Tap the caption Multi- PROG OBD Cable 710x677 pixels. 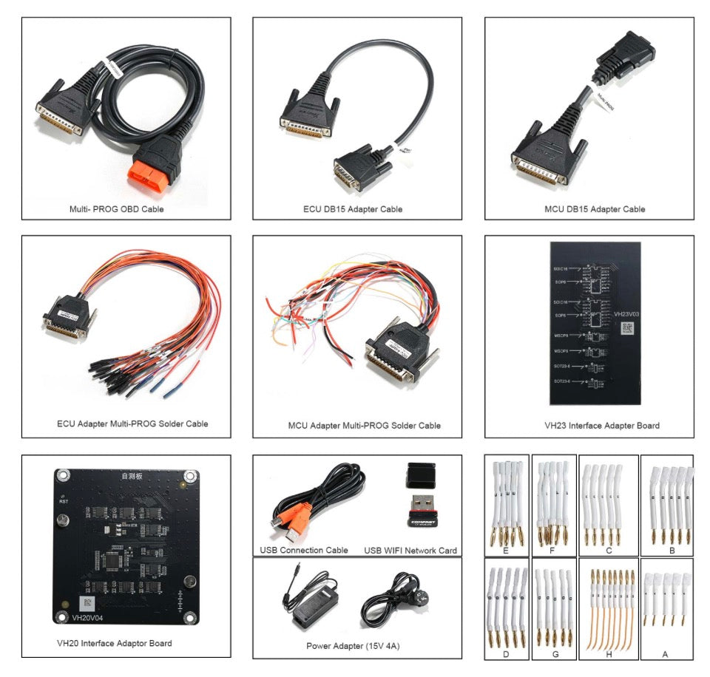(116, 209)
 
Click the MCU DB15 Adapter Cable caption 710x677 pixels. (589, 209)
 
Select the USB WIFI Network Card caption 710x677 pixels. (410, 550)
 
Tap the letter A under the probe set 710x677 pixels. (665, 654)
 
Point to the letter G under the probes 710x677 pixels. (554, 654)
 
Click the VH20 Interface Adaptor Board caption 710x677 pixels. (115, 643)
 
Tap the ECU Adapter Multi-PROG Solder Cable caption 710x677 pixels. (132, 423)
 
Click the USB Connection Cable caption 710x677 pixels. (304, 550)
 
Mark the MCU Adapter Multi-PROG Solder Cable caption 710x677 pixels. (364, 425)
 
